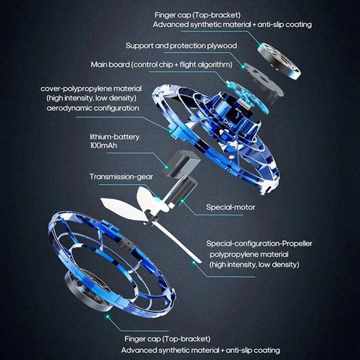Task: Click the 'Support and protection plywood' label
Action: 181,45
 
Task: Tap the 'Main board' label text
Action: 110,64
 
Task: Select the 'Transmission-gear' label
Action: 121,177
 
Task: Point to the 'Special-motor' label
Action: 231,207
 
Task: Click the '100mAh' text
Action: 104,145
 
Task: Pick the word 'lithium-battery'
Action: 114,137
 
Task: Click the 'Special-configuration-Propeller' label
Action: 259,243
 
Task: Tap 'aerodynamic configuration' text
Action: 93,108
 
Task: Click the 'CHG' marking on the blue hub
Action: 228,123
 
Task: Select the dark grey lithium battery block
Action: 183,164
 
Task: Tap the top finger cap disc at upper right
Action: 279,61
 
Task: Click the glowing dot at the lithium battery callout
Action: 166,167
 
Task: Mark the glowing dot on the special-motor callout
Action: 182,201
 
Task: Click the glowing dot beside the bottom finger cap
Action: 107,317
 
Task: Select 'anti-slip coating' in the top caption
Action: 285,25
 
